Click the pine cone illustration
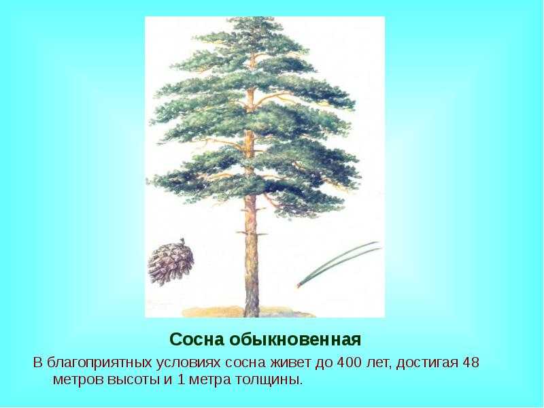[x=171, y=262]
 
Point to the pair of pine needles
[x=338, y=264]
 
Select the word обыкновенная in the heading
[x=295, y=339]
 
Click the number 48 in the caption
[x=471, y=362]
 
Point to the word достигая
[x=428, y=363]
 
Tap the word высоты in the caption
[x=133, y=380]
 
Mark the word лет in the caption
[x=379, y=363]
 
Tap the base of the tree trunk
[x=251, y=314]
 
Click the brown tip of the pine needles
[x=298, y=286]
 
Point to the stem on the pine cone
[x=182, y=241]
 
